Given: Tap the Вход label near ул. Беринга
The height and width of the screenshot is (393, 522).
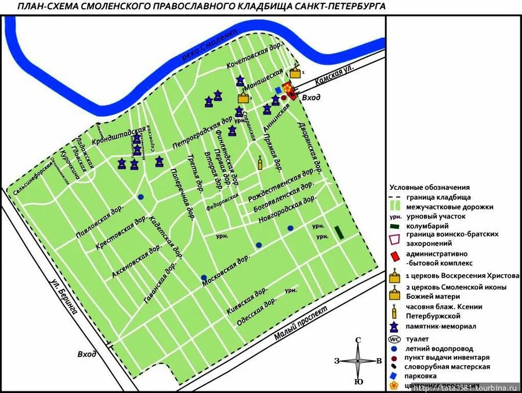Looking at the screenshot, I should pos(86,354).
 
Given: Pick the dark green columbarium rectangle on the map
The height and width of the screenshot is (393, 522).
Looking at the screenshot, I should pos(339,233).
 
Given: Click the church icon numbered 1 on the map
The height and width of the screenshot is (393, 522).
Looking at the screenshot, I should pos(296,73).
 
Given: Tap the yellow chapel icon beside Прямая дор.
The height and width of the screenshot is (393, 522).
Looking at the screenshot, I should pos(260,163).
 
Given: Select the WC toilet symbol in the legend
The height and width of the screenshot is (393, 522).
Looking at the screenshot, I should pos(394,340).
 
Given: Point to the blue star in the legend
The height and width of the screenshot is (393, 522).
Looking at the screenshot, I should pos(395,327).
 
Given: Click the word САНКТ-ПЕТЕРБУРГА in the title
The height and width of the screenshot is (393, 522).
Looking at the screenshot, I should pos(336,6).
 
